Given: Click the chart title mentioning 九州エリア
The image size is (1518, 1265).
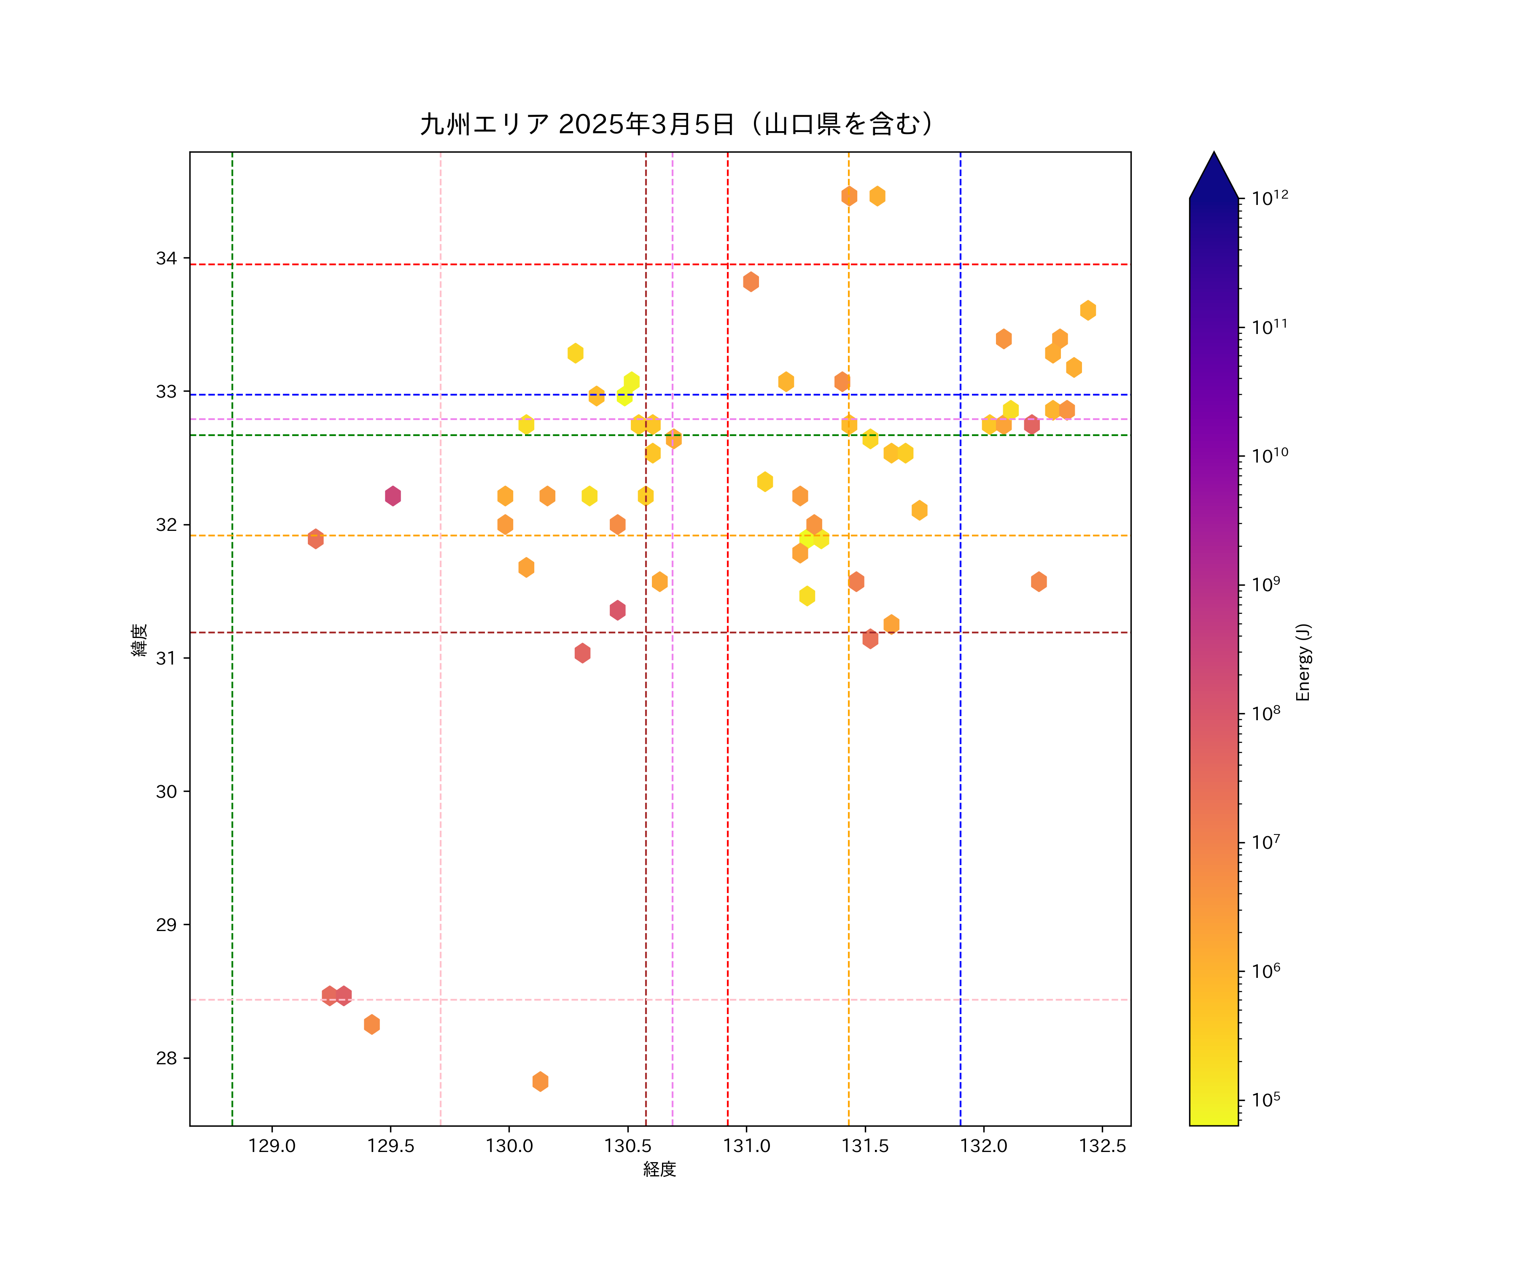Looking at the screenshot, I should [677, 124].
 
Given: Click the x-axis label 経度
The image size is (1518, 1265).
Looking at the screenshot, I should [659, 1170].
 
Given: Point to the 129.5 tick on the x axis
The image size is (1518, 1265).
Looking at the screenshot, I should [390, 1146].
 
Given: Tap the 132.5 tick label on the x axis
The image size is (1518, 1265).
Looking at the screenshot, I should [1102, 1146].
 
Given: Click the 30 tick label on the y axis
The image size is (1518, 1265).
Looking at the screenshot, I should [166, 791].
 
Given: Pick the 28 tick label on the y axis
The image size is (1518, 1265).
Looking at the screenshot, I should [166, 1058].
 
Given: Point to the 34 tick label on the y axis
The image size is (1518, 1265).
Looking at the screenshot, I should [166, 258].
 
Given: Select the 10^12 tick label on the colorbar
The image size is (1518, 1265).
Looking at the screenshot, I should [1270, 197].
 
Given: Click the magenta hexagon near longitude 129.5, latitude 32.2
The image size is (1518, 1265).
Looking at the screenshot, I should [393, 496].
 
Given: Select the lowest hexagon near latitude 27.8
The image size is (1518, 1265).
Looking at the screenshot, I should [540, 1082].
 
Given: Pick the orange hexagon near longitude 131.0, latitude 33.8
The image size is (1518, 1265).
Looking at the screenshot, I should [751, 282].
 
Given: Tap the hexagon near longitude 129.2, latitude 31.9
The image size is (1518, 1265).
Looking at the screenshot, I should [315, 538].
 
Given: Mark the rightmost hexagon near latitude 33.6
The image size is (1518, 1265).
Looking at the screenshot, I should [1088, 310].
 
